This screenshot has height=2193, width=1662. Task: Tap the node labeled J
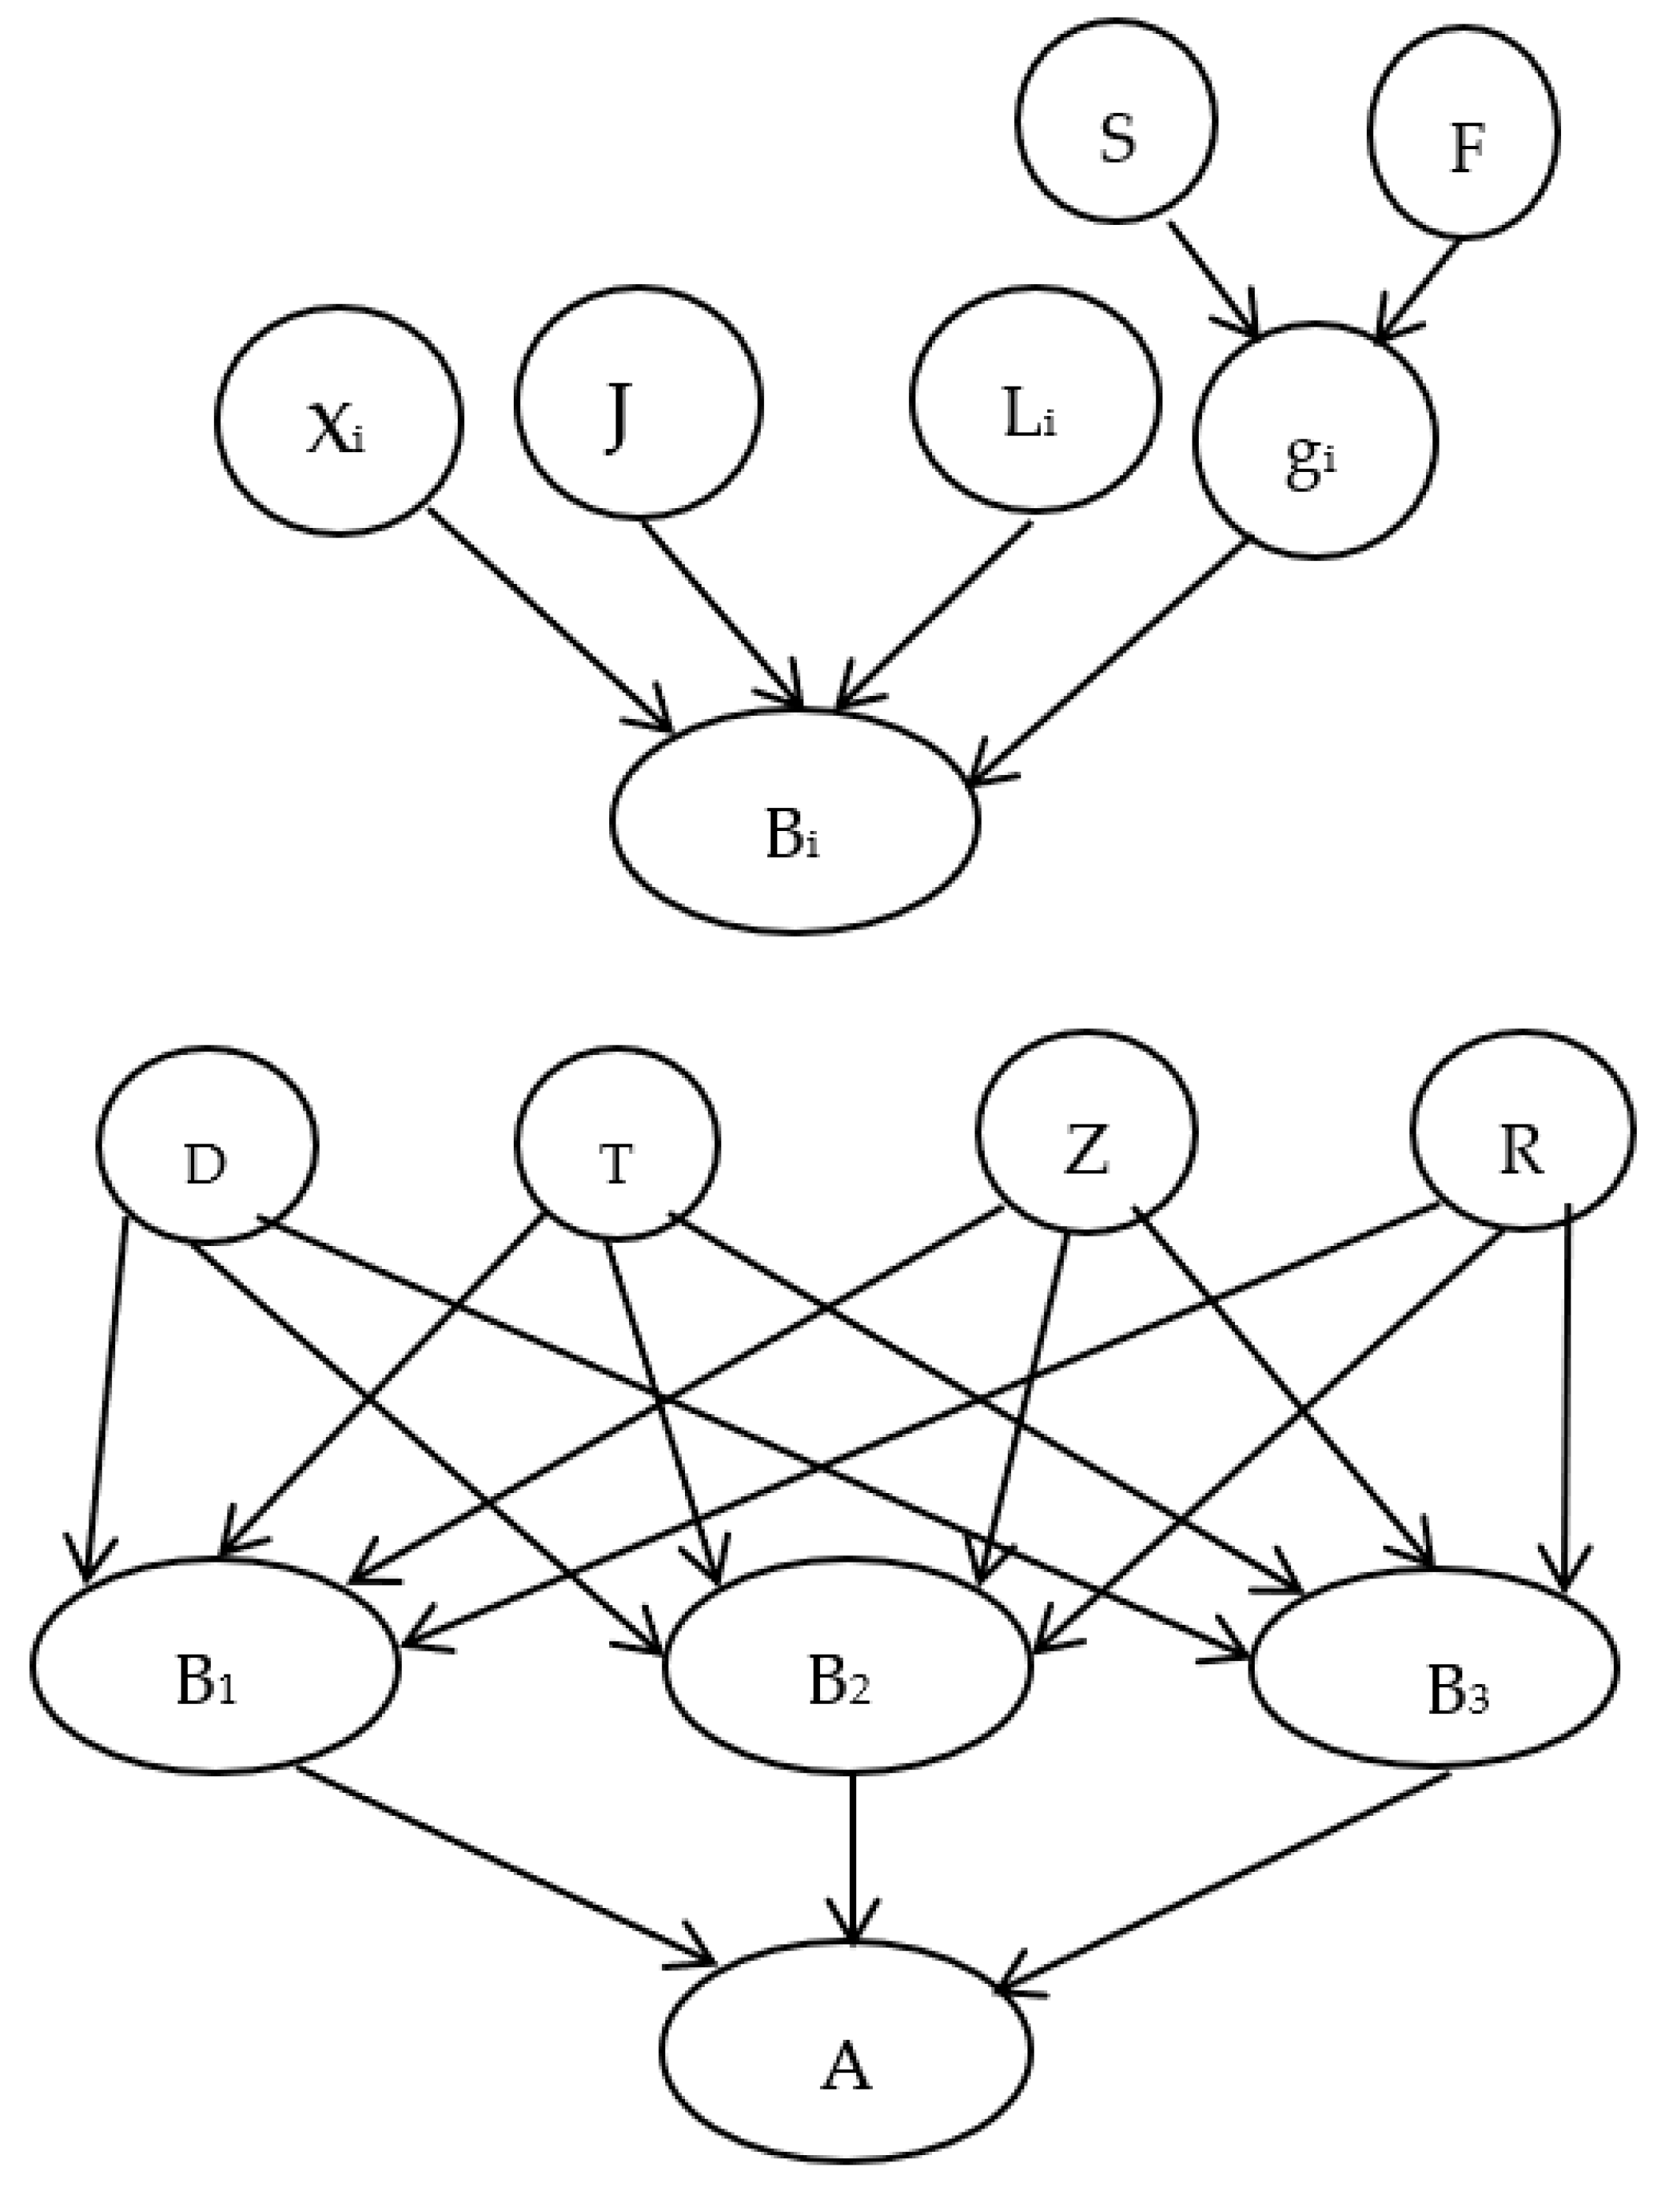pyautogui.click(x=638, y=402)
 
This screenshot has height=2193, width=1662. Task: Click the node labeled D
pyautogui.click(x=206, y=1145)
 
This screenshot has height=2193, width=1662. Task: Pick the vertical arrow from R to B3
pyautogui.click(x=1567, y=1388)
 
